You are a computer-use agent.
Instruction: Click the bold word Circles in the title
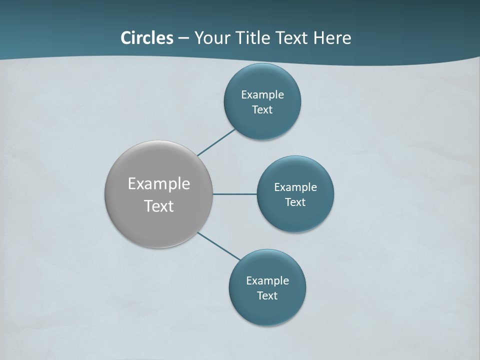[x=147, y=37]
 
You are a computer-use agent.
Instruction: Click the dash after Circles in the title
[x=183, y=38]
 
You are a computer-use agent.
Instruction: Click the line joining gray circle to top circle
[x=217, y=142]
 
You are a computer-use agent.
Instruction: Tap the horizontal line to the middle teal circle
[x=235, y=194]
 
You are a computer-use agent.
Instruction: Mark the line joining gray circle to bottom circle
[x=219, y=246]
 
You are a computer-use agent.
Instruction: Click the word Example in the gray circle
[x=159, y=183]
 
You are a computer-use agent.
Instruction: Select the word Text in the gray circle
[x=159, y=205]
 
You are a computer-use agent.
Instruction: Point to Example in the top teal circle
[x=262, y=94]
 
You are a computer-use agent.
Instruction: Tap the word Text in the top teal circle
[x=262, y=109]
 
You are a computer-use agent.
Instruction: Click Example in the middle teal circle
[x=295, y=187]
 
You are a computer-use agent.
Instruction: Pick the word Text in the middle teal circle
[x=295, y=202]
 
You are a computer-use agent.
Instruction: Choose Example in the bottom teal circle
[x=267, y=280]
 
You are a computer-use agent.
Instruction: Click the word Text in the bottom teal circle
[x=267, y=295]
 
